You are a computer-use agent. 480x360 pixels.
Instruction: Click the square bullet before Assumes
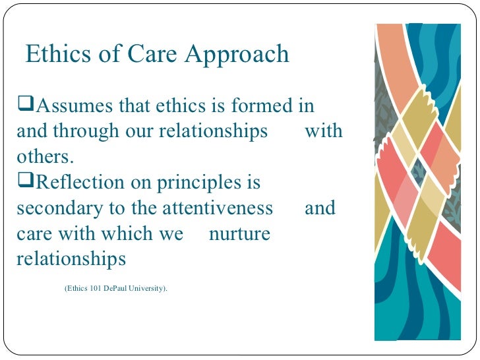(25, 105)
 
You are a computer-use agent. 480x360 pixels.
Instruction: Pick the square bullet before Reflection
(25, 182)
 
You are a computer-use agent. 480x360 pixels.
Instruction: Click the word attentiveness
(218, 208)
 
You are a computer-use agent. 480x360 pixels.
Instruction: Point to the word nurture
(239, 233)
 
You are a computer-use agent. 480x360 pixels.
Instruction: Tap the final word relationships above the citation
(71, 259)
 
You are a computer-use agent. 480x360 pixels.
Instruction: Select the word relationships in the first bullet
(212, 131)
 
